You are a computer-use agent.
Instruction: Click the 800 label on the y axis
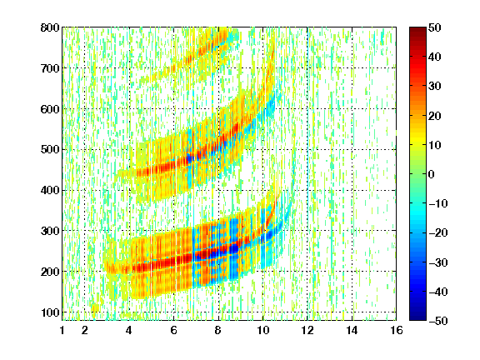(50, 27)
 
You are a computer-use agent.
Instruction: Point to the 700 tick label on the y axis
(50, 68)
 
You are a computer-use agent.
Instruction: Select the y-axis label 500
(50, 150)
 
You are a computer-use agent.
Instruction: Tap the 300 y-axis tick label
(50, 231)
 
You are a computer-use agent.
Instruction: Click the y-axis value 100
(50, 312)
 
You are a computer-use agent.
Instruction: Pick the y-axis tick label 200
(50, 272)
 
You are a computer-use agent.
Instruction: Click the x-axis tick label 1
(62, 330)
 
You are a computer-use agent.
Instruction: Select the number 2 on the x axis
(85, 330)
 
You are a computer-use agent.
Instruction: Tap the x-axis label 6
(174, 330)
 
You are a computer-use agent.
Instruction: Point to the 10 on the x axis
(262, 330)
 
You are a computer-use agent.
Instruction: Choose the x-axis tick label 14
(352, 330)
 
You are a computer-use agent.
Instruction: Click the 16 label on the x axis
(397, 330)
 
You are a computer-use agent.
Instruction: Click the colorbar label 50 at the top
(435, 27)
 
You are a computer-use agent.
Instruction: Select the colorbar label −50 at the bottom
(438, 321)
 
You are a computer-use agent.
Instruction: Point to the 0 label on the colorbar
(432, 174)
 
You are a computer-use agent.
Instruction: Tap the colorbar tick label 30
(435, 87)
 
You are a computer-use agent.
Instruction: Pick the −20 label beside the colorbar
(438, 233)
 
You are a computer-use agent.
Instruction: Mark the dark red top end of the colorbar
(417, 29)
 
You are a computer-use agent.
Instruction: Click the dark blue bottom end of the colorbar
(417, 318)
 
